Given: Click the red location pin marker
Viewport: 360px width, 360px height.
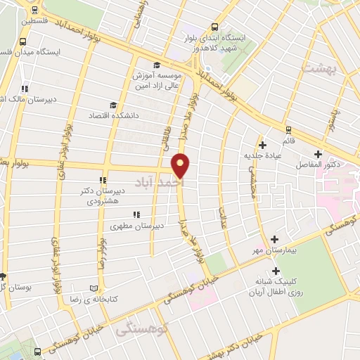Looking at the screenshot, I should coord(181,165).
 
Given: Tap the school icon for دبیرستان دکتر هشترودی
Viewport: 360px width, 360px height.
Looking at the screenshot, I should coord(104,180).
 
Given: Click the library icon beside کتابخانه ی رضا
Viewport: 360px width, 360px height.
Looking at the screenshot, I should coord(95,288).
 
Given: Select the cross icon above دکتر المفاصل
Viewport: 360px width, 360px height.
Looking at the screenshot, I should coord(319,153).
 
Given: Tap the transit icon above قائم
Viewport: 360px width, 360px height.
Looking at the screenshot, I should coord(288,129).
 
